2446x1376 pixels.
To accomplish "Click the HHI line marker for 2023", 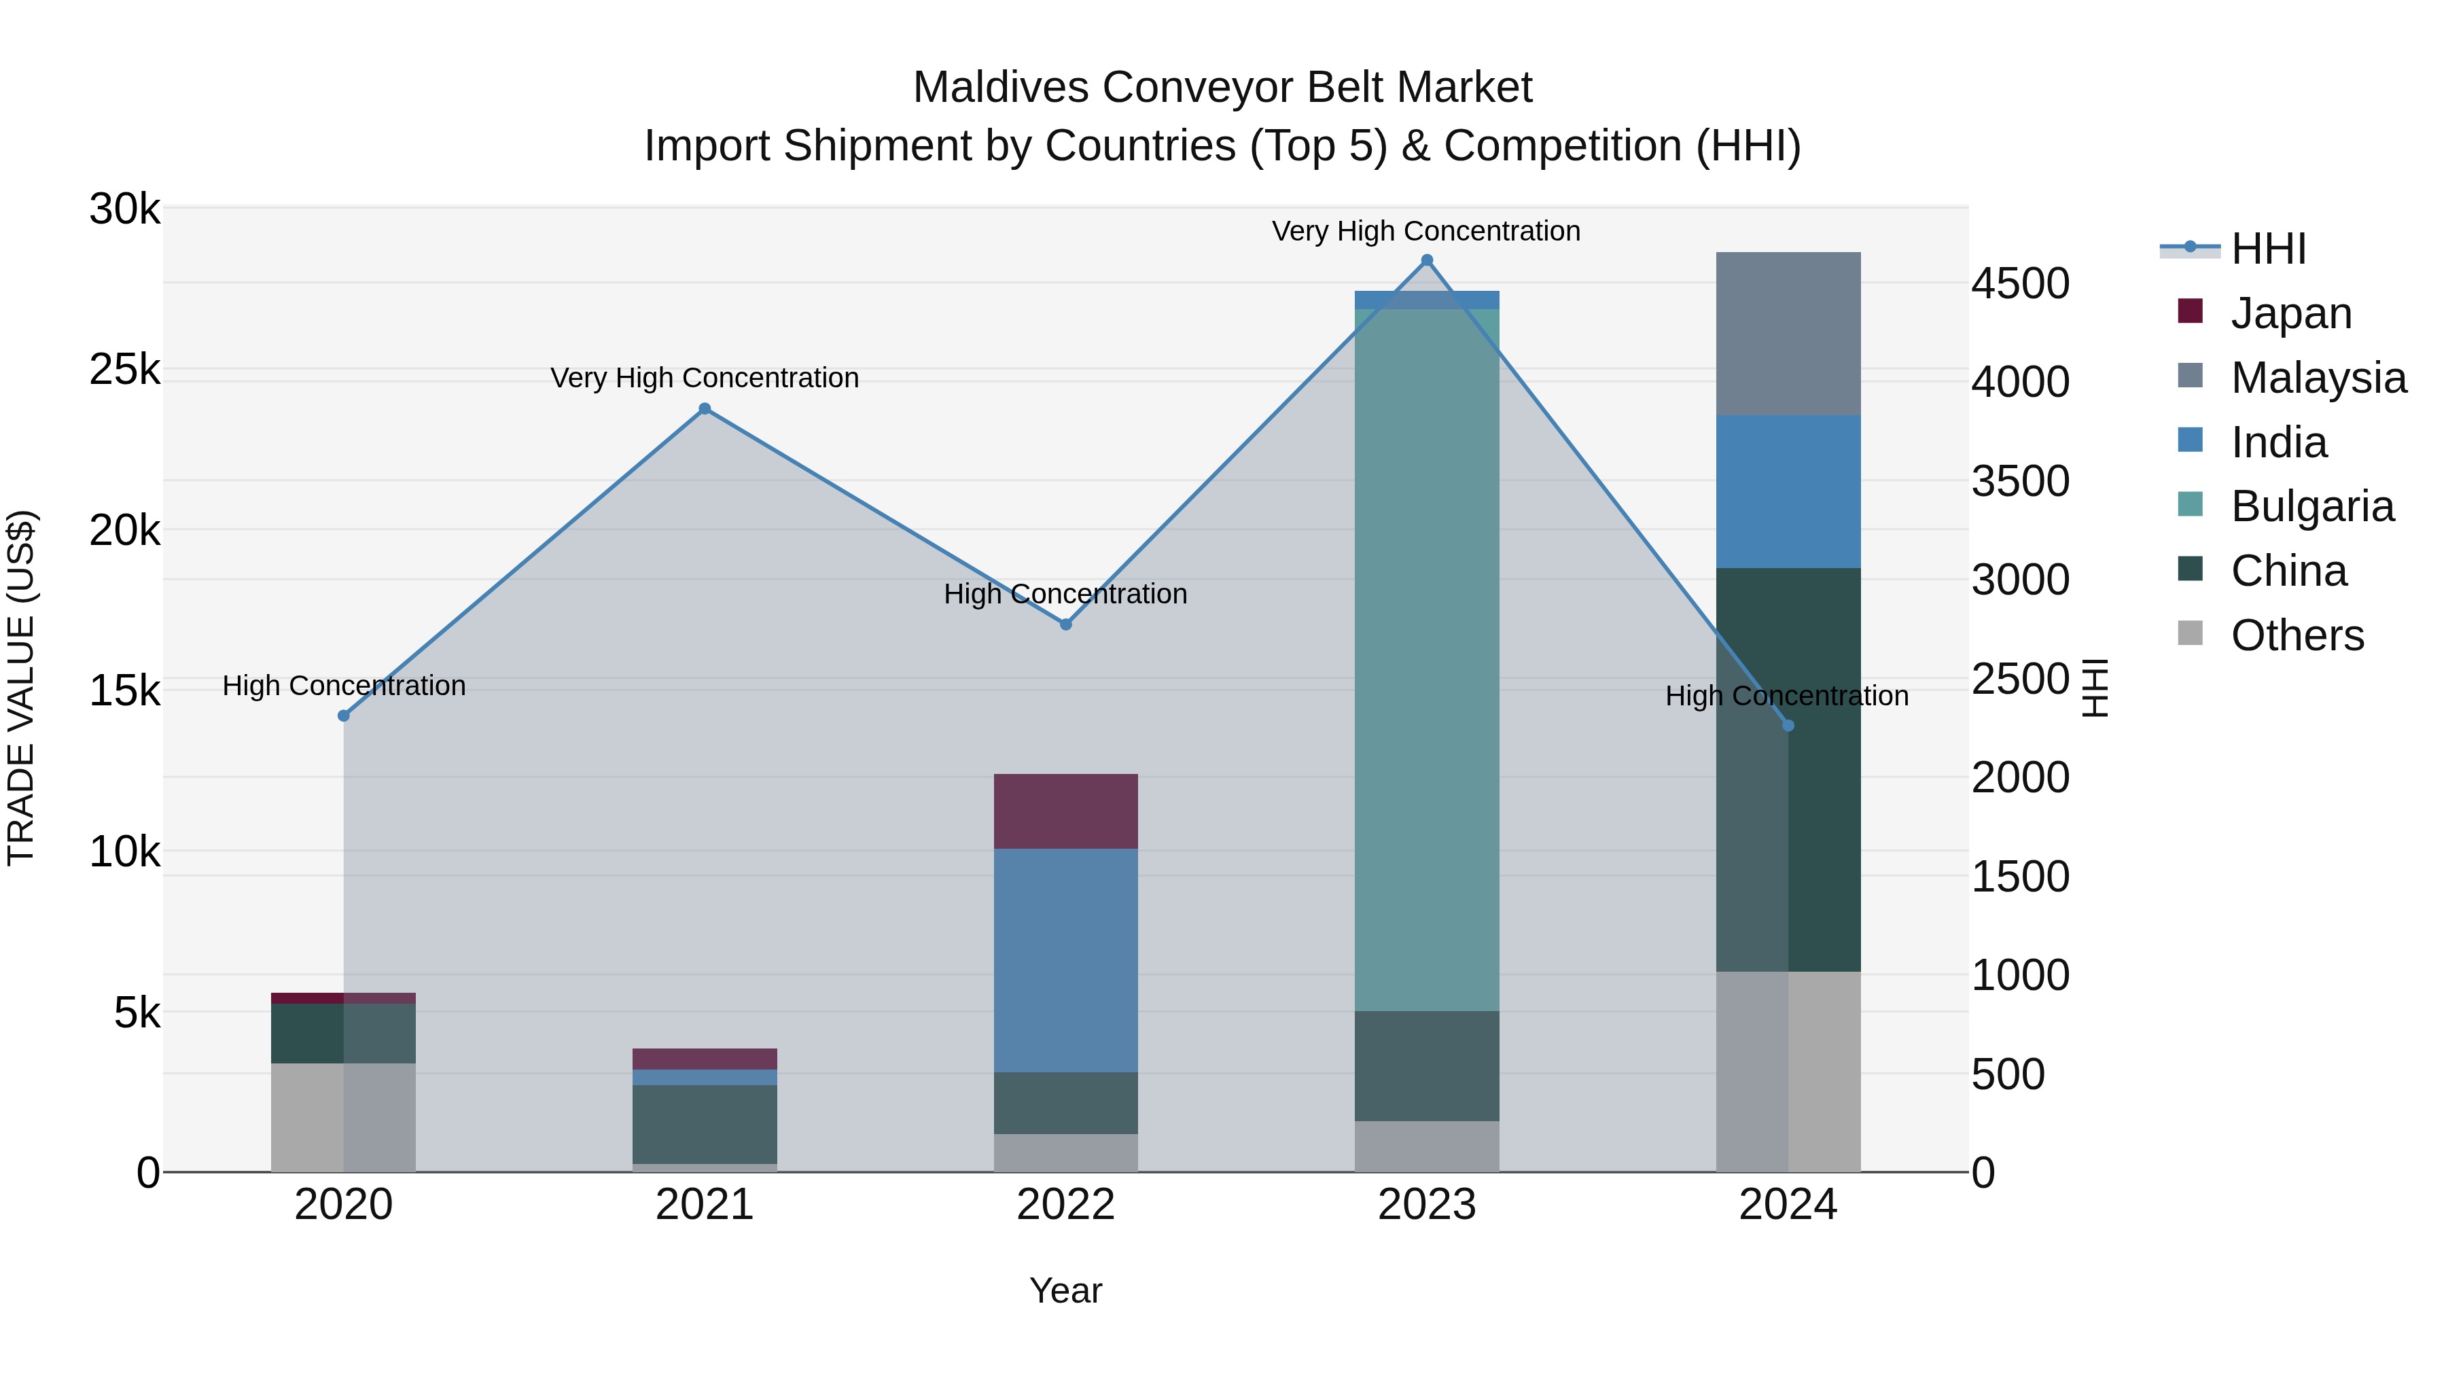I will pyautogui.click(x=1426, y=260).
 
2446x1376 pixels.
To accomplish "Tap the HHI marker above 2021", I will pyautogui.click(x=705, y=409).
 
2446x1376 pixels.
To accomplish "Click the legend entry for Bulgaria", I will pyautogui.click(x=2311, y=506).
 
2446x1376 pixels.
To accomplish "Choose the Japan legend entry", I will pyautogui.click(x=2290, y=313).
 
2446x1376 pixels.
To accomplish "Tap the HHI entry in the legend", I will pyautogui.click(x=2267, y=249).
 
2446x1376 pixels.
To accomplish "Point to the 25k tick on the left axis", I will pyautogui.click(x=124, y=370).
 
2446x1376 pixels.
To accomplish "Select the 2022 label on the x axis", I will pyautogui.click(x=1065, y=1204).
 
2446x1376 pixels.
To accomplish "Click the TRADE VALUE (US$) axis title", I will pyautogui.click(x=21, y=688).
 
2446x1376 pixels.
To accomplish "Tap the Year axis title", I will pyautogui.click(x=1065, y=1290).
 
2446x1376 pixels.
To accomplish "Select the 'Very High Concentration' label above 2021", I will pyautogui.click(x=705, y=378).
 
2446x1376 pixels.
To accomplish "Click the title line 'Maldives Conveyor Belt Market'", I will pyautogui.click(x=1222, y=88).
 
